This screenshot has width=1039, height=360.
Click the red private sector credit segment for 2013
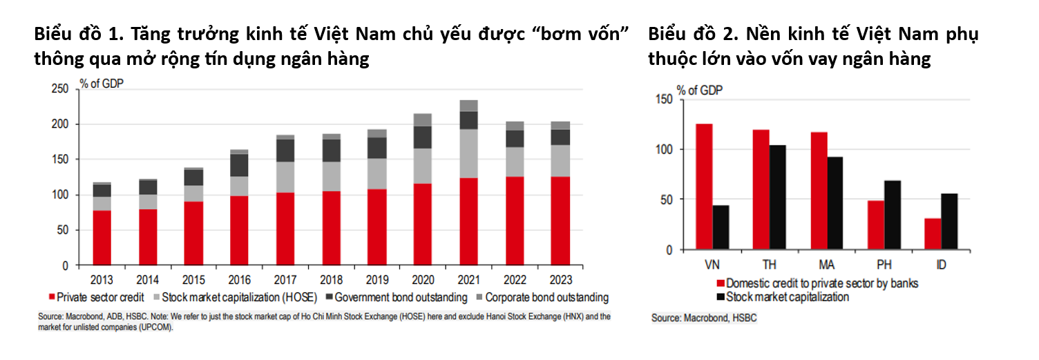coord(102,238)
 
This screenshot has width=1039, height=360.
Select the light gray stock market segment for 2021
coord(468,153)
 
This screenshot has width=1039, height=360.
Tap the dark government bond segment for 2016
coord(239,165)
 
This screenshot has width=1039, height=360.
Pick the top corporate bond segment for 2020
coord(423,120)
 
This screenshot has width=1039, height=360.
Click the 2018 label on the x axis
coord(331,281)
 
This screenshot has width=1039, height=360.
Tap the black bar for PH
coord(893,215)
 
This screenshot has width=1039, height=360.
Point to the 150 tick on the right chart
coord(664,100)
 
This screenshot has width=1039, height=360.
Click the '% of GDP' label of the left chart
coord(102,83)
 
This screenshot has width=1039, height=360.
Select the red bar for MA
coord(819,191)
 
